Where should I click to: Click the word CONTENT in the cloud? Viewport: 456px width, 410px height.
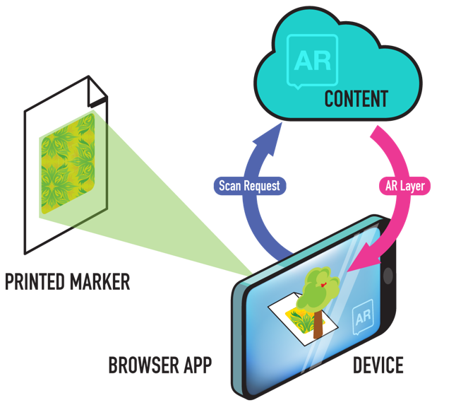(x=356, y=98)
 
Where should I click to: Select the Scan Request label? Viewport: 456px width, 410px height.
(x=249, y=187)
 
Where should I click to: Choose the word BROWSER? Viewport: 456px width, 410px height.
(x=141, y=366)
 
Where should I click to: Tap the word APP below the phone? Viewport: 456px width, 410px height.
(x=194, y=366)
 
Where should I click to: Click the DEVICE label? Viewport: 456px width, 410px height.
(x=378, y=365)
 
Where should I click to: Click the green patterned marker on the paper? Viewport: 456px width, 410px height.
(x=68, y=163)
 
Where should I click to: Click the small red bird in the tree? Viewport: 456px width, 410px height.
(x=324, y=283)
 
